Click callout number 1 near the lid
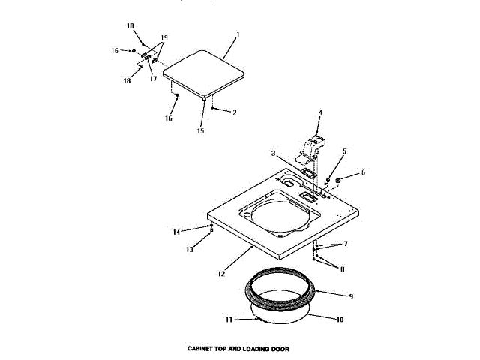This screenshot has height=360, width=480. [x=238, y=34]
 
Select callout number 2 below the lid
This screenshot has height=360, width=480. [x=234, y=112]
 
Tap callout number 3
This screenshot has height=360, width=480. [x=274, y=154]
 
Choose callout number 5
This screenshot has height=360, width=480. [x=344, y=151]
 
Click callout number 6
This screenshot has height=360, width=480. [x=364, y=172]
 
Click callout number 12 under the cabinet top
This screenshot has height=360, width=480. [x=221, y=274]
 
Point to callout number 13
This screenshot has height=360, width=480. [x=190, y=250]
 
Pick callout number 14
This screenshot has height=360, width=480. [x=176, y=232]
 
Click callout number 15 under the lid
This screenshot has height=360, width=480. [x=200, y=131]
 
